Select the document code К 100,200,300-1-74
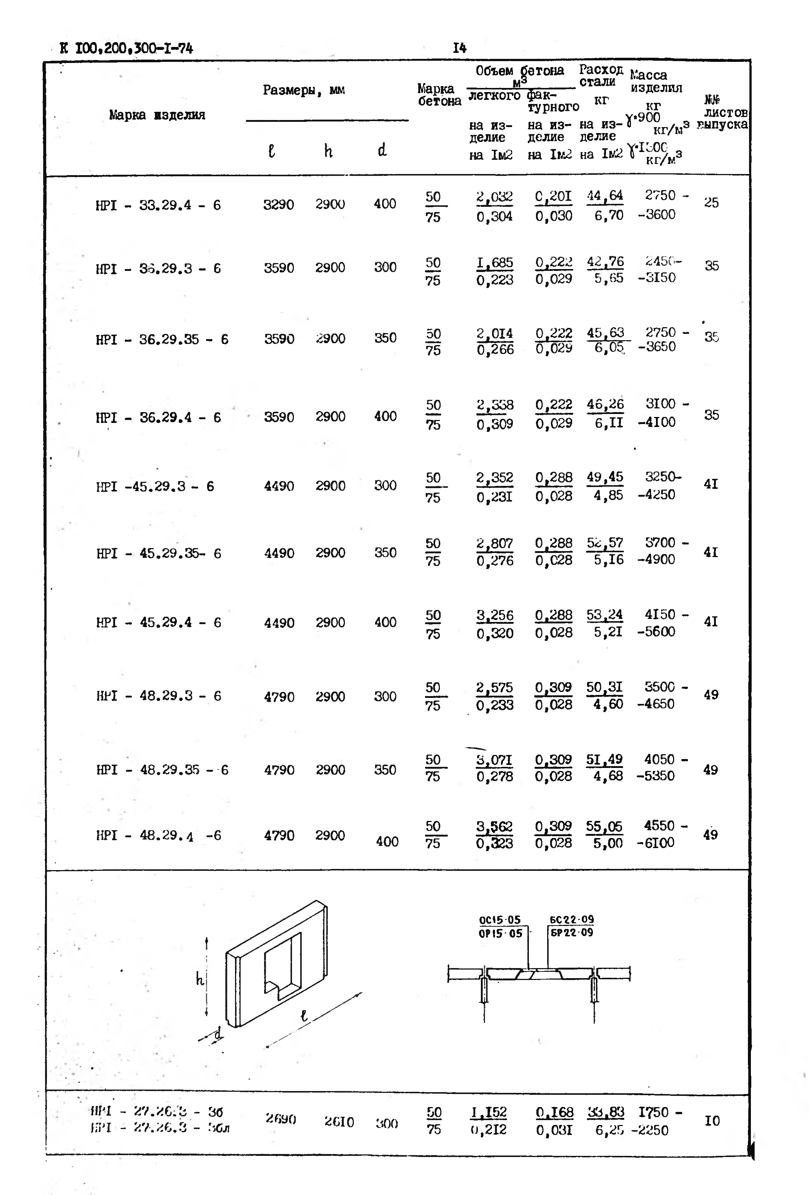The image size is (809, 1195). pos(126,49)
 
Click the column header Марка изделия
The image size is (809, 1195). pos(157,115)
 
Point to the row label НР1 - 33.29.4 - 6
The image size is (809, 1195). pos(158,205)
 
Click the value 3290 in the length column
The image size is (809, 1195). pos(279,205)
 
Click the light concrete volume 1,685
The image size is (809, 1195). pos(494,263)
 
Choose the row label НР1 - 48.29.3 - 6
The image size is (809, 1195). pos(158,696)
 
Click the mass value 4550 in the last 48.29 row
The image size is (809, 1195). pos(659,825)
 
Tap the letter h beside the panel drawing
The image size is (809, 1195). pos(200,980)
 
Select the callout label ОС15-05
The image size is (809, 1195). pos(499,920)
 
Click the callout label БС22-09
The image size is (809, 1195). pos(571,919)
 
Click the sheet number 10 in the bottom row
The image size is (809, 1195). pos(712,1120)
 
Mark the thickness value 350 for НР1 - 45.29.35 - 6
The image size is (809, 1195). pos(385,553)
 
